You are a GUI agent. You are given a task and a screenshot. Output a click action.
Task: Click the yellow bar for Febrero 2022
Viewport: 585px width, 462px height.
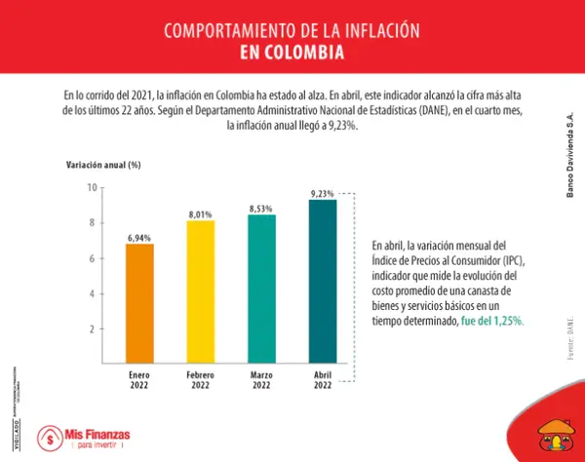tap(200, 292)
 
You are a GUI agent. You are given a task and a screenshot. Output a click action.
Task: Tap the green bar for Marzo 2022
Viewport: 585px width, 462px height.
tap(261, 289)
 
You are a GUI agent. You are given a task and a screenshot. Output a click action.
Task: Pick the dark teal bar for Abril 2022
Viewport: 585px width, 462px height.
tap(322, 282)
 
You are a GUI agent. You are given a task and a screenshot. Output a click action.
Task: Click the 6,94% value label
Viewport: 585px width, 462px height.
tap(139, 237)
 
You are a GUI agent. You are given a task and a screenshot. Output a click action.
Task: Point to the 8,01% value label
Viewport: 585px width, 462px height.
tap(200, 213)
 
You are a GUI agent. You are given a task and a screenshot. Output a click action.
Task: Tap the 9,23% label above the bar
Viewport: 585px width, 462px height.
tap(322, 193)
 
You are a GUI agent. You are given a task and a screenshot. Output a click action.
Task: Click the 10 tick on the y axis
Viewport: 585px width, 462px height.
tap(92, 187)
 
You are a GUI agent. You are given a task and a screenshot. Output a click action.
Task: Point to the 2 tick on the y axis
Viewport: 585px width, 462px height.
tap(94, 329)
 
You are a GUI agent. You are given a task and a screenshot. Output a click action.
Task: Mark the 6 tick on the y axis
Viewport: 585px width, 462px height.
tap(94, 258)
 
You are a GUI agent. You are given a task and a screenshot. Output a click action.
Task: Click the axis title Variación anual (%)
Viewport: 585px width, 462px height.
tap(103, 165)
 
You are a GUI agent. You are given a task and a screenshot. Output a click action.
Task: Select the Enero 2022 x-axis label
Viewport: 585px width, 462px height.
tap(139, 379)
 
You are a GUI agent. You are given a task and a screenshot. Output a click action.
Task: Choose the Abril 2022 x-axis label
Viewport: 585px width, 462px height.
tap(322, 379)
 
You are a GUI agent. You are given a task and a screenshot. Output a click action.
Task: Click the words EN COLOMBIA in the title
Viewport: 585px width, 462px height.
tap(292, 51)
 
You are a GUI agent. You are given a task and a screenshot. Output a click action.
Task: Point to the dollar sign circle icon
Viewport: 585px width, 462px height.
tap(46, 439)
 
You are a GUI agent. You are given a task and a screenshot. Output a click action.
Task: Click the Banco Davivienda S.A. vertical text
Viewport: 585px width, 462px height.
tap(570, 156)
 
